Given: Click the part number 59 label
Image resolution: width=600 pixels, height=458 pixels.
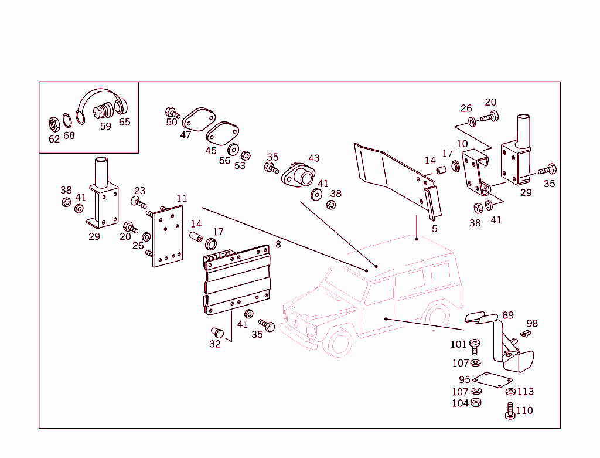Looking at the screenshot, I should coord(105,126).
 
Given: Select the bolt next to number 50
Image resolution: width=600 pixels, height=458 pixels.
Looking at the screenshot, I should coord(172,112).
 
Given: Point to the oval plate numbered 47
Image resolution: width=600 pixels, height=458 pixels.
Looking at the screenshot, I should coord(197,119).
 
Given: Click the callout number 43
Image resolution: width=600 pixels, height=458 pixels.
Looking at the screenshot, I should coord(314,158).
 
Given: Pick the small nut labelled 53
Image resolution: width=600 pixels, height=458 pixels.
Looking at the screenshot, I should coord(246,155).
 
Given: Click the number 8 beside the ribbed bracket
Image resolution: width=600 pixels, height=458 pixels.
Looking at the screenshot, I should coord(278,244).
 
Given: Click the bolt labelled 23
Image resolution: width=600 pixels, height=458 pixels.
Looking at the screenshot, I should coord(138,203).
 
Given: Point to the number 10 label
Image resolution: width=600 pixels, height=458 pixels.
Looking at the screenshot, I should coord(462,144).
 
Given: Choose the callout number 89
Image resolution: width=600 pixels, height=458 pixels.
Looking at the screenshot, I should coord(508,315).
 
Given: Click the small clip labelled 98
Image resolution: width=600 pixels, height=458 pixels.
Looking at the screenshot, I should coord(524,334).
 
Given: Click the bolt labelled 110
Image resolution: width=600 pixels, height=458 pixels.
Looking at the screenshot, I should coord(509,411).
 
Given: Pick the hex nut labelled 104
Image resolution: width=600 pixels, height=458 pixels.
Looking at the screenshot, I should coord(476,403).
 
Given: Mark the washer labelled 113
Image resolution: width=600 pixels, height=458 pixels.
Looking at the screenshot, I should coord(510,392).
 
